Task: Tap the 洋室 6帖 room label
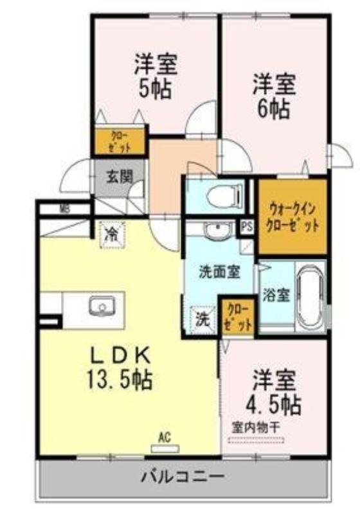tap(274, 96)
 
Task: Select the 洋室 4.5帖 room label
tap(274, 393)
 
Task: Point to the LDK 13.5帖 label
tap(120, 368)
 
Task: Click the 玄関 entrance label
tap(120, 177)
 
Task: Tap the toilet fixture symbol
tap(224, 195)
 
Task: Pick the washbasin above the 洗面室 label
tap(217, 231)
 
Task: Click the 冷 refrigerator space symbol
tap(113, 235)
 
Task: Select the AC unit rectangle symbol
tap(165, 448)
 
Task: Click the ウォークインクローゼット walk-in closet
tap(292, 217)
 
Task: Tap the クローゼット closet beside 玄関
tap(120, 141)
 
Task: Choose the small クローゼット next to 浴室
tap(239, 317)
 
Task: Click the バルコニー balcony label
tap(183, 476)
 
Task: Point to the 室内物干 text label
tap(256, 427)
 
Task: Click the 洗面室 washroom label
tap(220, 272)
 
